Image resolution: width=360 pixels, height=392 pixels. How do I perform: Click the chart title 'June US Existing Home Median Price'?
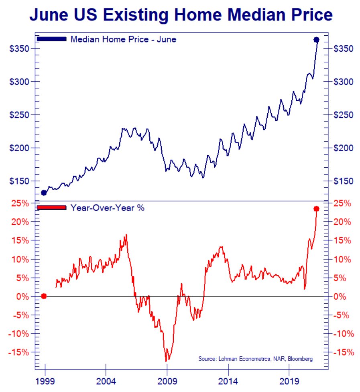pos(181,15)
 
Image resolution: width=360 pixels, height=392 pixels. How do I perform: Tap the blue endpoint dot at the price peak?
pos(316,40)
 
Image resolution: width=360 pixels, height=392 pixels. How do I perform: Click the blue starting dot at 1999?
pos(44,193)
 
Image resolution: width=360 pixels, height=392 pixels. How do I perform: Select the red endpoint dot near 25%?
pos(316,209)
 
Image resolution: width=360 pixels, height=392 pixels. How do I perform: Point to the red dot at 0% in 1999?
pos(44,296)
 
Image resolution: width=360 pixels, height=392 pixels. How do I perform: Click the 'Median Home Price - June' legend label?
pos(123,39)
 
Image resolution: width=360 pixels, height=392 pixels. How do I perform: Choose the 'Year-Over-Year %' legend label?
pos(107,208)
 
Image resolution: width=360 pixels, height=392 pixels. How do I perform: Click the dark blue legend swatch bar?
pos(51,39)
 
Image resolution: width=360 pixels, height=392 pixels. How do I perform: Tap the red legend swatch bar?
pos(51,207)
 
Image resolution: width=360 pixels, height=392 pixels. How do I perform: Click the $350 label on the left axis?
pos(19,49)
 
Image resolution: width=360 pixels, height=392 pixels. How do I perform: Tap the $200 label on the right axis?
pos(343,148)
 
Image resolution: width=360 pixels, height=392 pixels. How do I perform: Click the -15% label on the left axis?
pos(18,352)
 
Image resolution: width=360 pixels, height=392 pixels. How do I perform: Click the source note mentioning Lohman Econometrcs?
pos(255,359)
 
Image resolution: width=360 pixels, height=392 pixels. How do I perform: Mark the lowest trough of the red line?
pos(167,361)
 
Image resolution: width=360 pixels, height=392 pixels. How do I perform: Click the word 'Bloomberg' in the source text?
pos(300,359)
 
